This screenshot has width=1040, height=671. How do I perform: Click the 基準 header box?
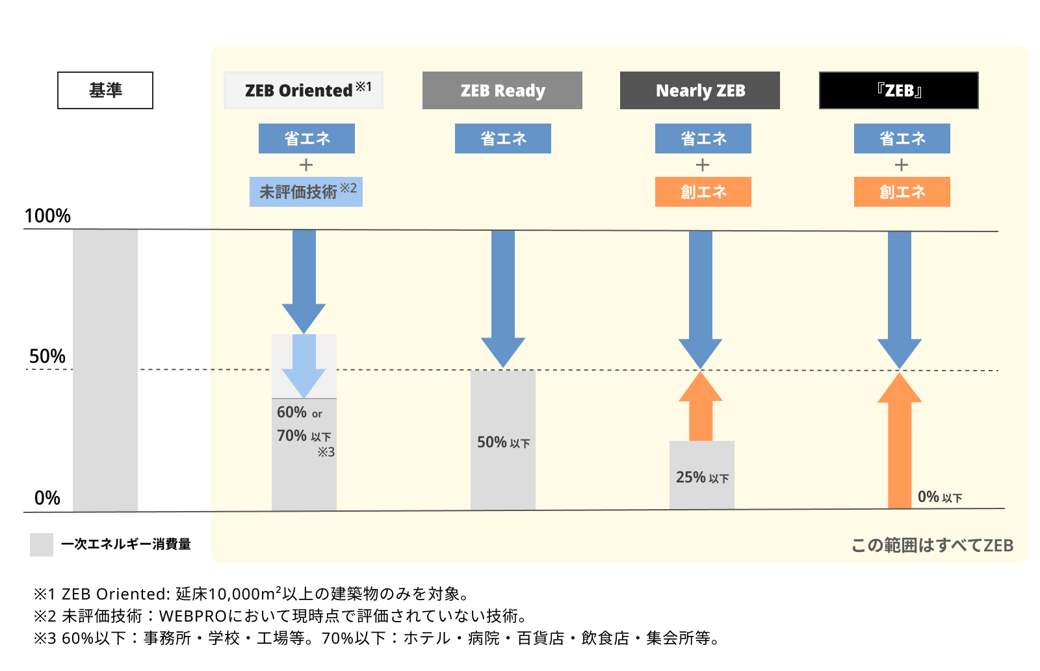click(105, 90)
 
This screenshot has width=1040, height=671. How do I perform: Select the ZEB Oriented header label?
click(304, 90)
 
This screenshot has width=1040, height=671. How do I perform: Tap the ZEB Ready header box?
click(502, 90)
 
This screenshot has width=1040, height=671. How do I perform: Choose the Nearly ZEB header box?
click(700, 90)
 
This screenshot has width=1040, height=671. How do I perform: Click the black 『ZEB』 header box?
click(899, 90)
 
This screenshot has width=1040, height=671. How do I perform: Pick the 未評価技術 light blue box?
click(306, 192)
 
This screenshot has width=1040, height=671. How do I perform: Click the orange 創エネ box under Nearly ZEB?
click(703, 192)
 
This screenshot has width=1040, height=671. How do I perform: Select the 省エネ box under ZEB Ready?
click(503, 138)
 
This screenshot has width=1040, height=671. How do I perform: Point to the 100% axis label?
click(47, 216)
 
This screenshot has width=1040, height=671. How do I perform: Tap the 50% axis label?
click(47, 356)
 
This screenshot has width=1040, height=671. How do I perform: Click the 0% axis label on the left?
click(47, 498)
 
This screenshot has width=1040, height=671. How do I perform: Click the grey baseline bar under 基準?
click(105, 371)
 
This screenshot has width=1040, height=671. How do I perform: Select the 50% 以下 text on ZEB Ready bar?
click(503, 442)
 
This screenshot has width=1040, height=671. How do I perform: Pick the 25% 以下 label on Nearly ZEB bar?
click(702, 477)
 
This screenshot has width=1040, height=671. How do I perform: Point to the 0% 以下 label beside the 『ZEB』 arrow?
click(940, 497)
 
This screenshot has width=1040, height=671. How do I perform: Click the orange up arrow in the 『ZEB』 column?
click(900, 440)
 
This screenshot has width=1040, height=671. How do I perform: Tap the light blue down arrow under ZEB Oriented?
click(304, 366)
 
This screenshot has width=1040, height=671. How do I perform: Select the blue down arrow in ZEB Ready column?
click(503, 300)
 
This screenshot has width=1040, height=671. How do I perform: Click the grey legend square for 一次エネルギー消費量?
click(42, 545)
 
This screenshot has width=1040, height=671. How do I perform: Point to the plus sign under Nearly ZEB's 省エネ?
click(703, 165)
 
